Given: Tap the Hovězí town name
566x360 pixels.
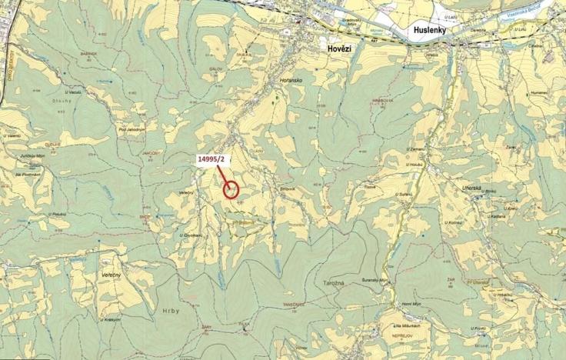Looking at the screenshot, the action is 334,48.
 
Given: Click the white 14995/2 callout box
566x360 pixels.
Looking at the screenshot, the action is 211,159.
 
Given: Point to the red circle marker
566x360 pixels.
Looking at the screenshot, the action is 231,188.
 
